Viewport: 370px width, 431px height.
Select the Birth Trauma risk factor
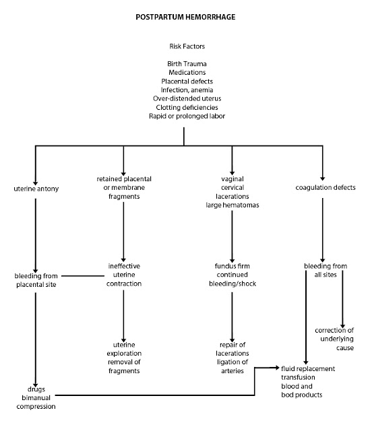pos(184,63)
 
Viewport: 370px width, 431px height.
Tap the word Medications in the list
pos(184,72)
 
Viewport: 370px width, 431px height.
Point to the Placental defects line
pos(184,81)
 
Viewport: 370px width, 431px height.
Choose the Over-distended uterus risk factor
pos(184,98)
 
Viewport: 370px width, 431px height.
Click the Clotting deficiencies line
pos(184,107)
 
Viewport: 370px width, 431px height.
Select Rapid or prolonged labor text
pos(184,116)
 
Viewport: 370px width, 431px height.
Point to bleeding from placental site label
pos(38,279)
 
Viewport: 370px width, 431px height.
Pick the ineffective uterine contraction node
pos(123,275)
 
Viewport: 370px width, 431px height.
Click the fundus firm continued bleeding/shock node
pos(232,275)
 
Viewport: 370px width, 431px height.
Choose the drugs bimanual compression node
pos(37,397)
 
